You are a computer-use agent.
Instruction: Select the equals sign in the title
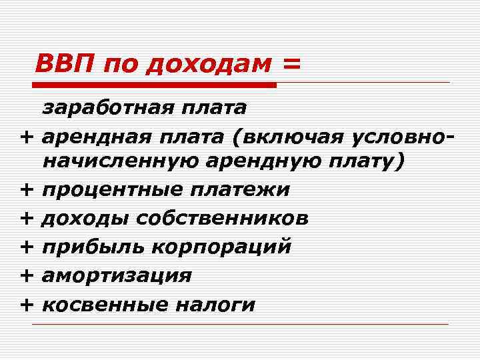(291, 65)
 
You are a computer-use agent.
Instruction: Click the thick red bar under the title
(154, 85)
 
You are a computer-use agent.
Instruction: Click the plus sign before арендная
(27, 136)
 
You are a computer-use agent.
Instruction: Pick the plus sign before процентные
(27, 190)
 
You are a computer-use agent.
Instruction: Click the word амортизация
(117, 275)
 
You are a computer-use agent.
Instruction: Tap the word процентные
(111, 190)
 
